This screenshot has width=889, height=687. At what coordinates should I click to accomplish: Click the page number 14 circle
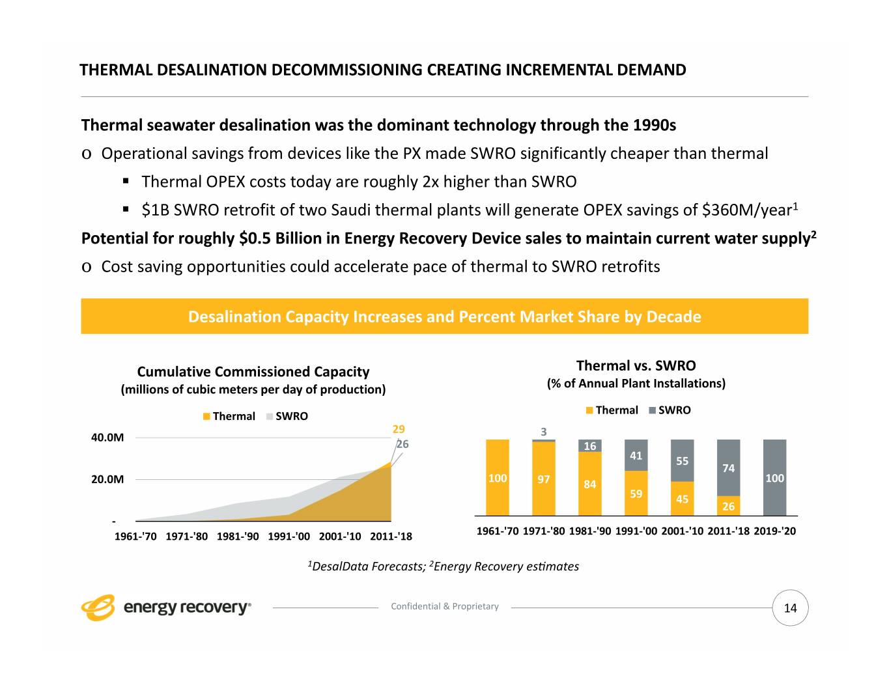pyautogui.click(x=790, y=608)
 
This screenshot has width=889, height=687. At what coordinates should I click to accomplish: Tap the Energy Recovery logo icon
pyautogui.click(x=98, y=607)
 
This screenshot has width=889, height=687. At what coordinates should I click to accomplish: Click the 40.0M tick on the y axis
pyautogui.click(x=107, y=438)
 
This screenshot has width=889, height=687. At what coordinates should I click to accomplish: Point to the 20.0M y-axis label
pyautogui.click(x=107, y=480)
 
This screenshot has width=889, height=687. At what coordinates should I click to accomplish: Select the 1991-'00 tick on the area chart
pyautogui.click(x=289, y=537)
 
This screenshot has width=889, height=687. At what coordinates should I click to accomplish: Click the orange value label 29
pyautogui.click(x=399, y=429)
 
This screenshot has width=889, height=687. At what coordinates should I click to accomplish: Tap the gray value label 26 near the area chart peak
pyautogui.click(x=403, y=444)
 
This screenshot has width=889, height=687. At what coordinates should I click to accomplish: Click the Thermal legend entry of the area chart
pyautogui.click(x=229, y=416)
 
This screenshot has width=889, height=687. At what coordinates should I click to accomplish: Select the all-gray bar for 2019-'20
pyautogui.click(x=774, y=477)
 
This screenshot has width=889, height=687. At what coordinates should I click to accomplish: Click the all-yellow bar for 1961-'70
pyautogui.click(x=498, y=477)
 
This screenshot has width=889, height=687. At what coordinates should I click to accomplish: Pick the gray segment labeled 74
pyautogui.click(x=728, y=468)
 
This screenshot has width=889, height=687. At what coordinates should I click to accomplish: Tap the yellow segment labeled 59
pyautogui.click(x=636, y=494)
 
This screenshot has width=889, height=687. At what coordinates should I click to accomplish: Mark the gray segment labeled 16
pyautogui.click(x=590, y=446)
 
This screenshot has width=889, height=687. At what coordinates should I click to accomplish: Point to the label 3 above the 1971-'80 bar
pyautogui.click(x=544, y=432)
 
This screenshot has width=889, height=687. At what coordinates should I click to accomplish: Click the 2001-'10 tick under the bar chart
pyautogui.click(x=682, y=531)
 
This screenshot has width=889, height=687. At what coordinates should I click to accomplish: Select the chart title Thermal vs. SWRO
pyautogui.click(x=636, y=365)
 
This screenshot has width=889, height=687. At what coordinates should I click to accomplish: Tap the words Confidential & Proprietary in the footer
pyautogui.click(x=445, y=606)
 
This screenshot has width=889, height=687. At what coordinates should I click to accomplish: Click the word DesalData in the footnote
pyautogui.click(x=341, y=567)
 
